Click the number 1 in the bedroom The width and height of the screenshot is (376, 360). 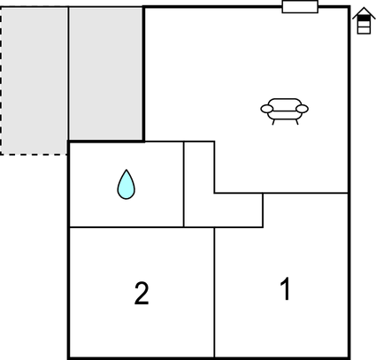point(286,289)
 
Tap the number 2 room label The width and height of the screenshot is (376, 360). point(142,294)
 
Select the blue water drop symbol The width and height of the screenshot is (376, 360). point(127,185)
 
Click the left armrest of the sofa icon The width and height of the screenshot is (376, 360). point(267,109)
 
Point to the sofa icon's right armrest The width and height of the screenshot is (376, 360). point(302,109)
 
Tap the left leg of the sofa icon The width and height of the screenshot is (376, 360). point(273,122)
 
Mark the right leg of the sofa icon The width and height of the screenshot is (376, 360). point(297,122)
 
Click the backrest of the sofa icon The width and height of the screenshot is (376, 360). point(285,101)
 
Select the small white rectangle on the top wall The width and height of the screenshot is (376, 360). point(300,7)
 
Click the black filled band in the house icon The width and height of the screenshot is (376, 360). point(364,19)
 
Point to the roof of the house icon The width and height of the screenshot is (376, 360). point(364,12)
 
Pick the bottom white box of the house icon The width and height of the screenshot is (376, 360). point(364,30)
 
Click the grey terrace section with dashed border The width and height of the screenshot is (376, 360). point(35,80)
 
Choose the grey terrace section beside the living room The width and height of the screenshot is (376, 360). point(106,73)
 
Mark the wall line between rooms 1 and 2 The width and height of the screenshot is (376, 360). point(214,292)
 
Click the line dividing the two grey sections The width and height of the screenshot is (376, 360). point(69,73)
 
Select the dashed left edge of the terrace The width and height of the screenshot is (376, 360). point(1,80)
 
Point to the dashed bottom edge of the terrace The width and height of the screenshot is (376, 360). point(35,154)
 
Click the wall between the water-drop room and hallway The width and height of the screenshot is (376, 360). point(184,184)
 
